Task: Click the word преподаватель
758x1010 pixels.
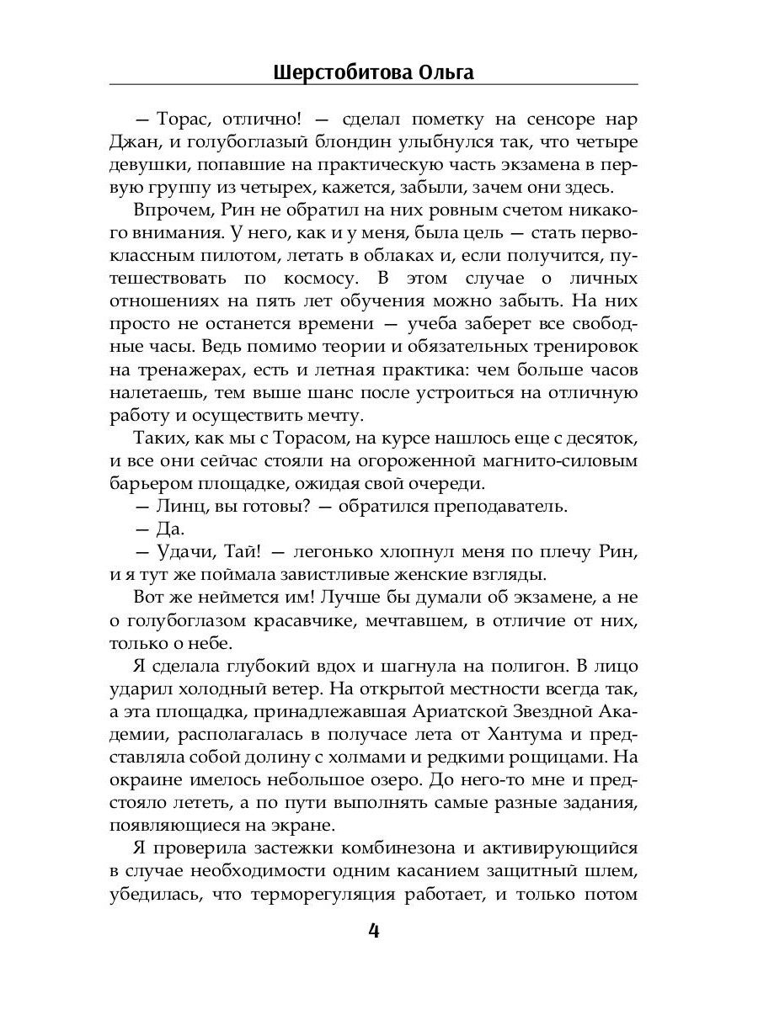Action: point(503,507)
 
